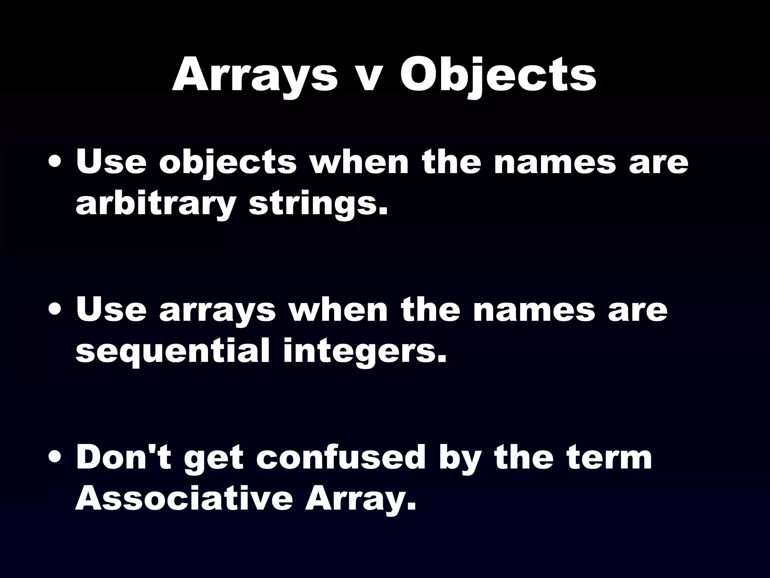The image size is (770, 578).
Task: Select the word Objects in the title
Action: [498, 75]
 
